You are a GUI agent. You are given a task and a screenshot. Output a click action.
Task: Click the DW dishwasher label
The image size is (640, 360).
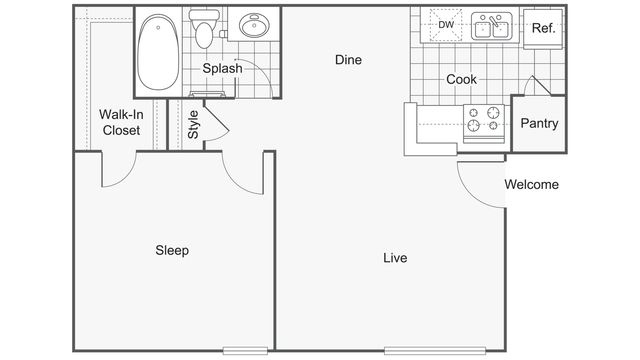446,25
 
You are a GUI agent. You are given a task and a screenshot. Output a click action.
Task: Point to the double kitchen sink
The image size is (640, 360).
490,26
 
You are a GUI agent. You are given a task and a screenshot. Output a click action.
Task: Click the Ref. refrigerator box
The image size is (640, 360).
543,28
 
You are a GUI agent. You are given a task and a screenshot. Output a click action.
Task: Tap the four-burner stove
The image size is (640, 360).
485,120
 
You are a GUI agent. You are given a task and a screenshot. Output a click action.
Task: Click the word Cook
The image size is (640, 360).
461,79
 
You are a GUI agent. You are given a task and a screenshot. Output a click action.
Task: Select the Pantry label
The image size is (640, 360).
539,124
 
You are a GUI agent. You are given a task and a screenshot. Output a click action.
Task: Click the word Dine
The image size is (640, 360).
347,60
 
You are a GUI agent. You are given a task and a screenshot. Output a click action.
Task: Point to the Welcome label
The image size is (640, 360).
531,184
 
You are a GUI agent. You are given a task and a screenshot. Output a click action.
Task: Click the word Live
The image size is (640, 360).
395,258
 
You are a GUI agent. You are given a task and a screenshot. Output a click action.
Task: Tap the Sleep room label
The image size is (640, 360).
172,250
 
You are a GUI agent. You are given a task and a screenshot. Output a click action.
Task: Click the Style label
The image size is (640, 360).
193,123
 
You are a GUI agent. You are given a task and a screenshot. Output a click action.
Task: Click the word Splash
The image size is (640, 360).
222,69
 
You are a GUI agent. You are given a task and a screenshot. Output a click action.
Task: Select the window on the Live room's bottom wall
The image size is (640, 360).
435,349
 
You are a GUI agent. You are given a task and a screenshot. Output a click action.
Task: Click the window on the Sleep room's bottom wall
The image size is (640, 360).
244,349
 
